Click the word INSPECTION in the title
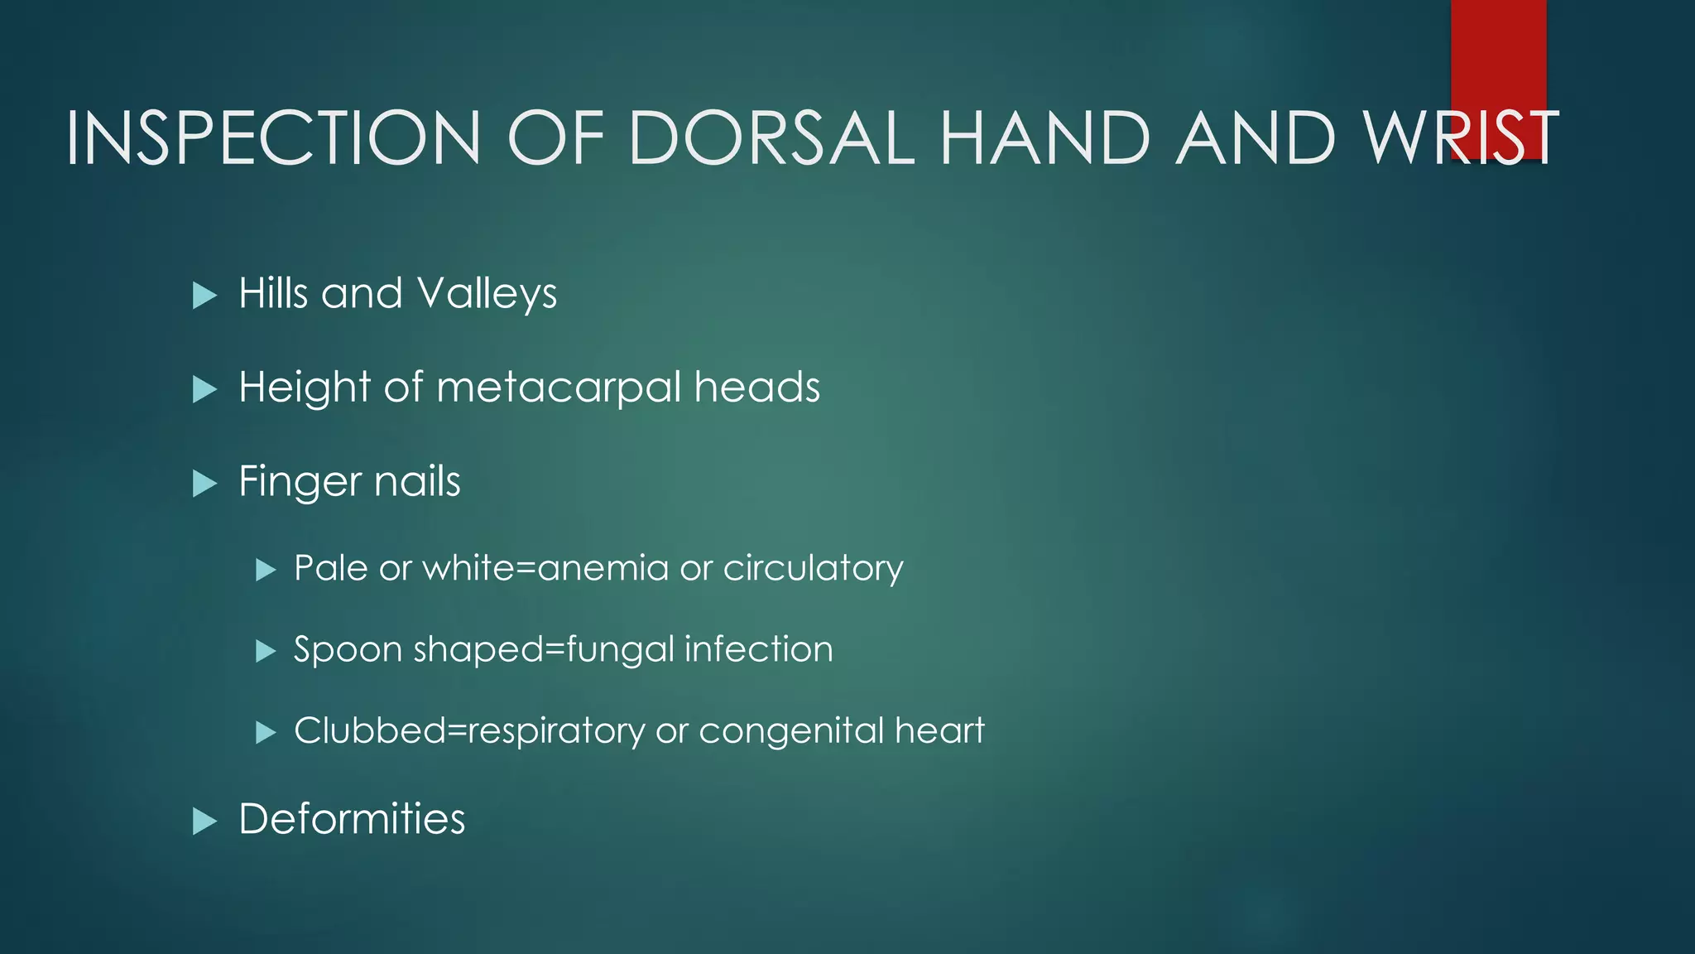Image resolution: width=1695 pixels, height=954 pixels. pos(273,137)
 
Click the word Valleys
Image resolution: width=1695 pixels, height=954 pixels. pos(487,295)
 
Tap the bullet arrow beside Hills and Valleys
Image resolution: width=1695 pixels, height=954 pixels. pos(204,296)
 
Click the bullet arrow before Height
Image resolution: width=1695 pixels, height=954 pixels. pos(204,389)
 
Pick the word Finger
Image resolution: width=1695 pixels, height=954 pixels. pos(300,483)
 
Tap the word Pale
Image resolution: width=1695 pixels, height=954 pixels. pos(330,568)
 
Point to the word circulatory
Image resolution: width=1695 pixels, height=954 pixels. pos(813,569)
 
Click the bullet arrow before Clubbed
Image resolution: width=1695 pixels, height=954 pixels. pos(265,732)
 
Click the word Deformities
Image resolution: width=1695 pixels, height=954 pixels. pos(352,819)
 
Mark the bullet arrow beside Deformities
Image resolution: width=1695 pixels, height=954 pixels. pos(204,821)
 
